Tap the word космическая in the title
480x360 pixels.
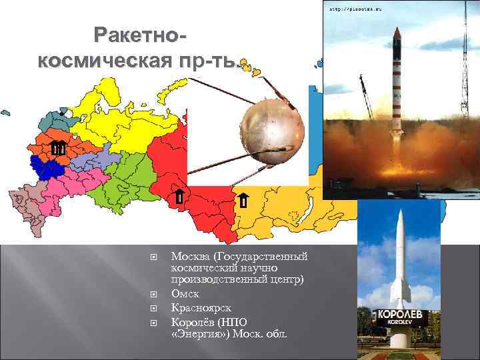(x=95, y=61)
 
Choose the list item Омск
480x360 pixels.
(x=185, y=294)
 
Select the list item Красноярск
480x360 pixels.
(x=201, y=307)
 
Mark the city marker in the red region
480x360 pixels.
(x=179, y=197)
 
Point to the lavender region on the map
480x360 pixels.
(x=87, y=160)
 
